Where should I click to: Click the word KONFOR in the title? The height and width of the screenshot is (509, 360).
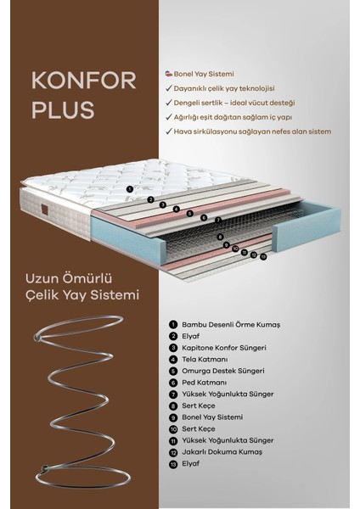click(83, 81)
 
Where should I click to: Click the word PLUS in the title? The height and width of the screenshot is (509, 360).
click(63, 109)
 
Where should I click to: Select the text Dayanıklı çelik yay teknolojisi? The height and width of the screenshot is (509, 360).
click(224, 88)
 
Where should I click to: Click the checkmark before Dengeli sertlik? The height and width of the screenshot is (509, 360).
click(169, 103)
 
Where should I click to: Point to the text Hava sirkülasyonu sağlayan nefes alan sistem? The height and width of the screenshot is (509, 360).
click(252, 131)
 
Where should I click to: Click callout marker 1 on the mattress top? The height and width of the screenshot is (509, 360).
click(130, 189)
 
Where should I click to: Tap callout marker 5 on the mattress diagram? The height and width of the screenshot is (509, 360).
click(190, 213)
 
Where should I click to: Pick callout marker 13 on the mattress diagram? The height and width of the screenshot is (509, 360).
click(263, 257)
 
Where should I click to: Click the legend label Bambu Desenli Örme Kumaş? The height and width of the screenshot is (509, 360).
click(231, 325)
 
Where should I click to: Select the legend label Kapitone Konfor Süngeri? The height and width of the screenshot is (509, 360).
click(224, 348)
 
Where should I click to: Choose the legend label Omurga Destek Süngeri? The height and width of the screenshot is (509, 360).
click(223, 371)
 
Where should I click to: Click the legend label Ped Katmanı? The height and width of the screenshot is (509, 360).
click(205, 383)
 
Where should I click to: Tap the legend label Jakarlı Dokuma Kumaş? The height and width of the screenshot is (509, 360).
click(222, 452)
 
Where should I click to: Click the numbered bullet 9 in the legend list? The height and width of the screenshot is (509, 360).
click(173, 417)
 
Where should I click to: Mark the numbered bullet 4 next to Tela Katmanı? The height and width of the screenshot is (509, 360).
click(173, 360)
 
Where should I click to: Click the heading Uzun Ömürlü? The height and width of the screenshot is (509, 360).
click(69, 278)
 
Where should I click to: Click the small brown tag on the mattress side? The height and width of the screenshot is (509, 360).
click(45, 210)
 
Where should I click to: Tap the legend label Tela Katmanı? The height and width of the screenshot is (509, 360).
click(205, 360)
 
